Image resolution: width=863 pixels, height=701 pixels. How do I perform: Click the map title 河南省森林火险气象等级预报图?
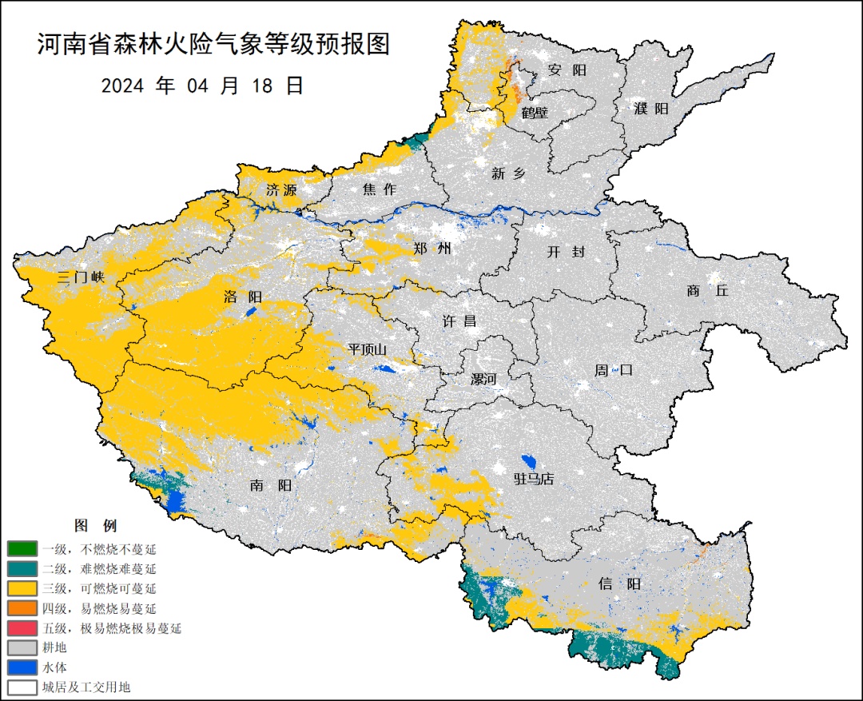(213, 45)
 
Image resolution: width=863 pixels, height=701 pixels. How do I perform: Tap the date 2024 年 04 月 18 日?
(202, 86)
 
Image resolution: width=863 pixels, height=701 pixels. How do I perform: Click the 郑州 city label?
(432, 249)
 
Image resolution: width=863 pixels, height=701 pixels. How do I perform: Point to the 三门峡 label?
(82, 278)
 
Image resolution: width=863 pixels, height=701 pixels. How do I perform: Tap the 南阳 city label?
(270, 485)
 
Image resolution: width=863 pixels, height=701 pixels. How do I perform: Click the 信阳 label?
(620, 584)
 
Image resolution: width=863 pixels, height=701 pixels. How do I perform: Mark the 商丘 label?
(707, 291)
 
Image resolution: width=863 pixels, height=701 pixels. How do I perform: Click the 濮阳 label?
(651, 109)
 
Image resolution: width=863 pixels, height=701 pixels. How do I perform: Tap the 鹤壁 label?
(535, 113)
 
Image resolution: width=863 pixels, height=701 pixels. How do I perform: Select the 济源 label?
(281, 190)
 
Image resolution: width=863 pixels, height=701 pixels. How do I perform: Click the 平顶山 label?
(367, 349)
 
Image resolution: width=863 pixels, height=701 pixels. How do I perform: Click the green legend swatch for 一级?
(22, 549)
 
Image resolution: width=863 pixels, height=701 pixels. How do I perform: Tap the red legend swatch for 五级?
(22, 628)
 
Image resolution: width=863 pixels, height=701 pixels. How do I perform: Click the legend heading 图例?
(95, 526)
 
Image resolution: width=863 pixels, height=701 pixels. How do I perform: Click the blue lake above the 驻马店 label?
(527, 462)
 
